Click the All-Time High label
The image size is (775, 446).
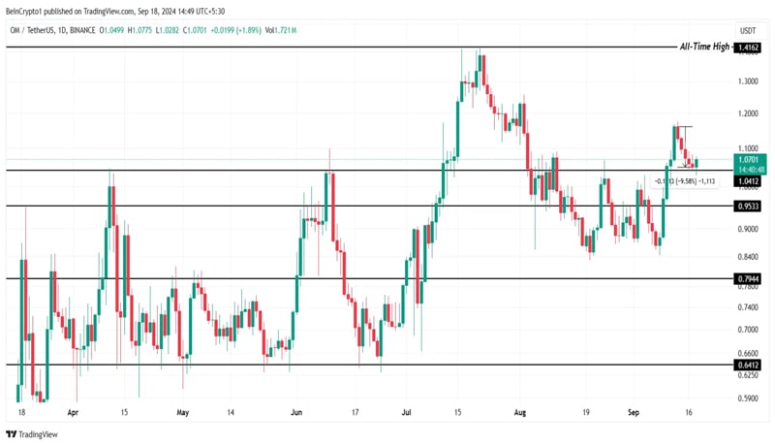704,47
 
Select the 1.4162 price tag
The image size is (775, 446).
749,47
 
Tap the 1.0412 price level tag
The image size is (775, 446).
749,181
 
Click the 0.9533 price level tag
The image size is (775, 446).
749,207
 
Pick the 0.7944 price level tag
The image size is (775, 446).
749,279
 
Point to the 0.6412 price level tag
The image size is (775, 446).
749,366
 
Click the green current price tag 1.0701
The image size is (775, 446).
749,159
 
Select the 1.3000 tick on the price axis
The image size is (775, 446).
748,80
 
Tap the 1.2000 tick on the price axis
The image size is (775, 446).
748,114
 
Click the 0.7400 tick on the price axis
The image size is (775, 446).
748,306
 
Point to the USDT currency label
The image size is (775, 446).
748,30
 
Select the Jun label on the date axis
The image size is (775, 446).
296,412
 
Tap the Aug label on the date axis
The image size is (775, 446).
520,412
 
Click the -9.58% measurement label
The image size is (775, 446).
683,181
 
